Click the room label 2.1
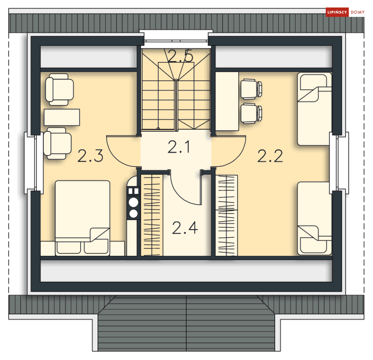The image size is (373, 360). point(179,147)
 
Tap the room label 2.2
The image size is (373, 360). point(270,156)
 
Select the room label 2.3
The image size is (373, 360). point(90,156)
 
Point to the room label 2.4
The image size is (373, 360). point(185,228)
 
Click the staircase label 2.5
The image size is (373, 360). point(180,56)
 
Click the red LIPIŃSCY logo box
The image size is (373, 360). point(337,12)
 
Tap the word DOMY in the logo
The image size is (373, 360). point(358,12)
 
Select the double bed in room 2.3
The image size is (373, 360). point(82,218)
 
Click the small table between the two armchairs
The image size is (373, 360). point(62,117)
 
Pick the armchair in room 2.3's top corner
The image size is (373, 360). point(60,90)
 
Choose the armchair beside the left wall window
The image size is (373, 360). point(57,144)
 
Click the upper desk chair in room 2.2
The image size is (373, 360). point(251,89)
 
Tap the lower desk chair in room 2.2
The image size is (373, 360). point(251,114)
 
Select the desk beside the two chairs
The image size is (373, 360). point(227,101)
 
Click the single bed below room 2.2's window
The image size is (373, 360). point(315,218)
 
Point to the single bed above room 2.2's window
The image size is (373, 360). point(315,109)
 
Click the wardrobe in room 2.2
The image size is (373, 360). point(226,216)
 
